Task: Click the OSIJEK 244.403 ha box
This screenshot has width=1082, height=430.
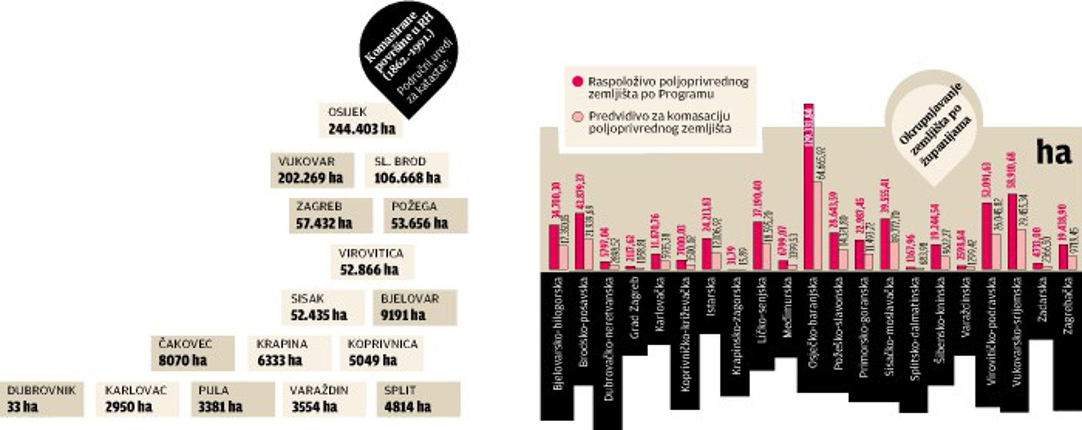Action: coord(361,121)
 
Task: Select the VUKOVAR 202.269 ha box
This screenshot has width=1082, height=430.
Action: coord(312,170)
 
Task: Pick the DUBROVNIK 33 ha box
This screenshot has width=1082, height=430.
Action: coord(41,399)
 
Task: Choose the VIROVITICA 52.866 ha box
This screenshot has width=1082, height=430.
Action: coord(372,262)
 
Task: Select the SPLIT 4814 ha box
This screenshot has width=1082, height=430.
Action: coord(418,399)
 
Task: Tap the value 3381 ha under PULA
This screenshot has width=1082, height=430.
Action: coord(220,407)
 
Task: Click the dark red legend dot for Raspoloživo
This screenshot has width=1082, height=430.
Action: coord(578,82)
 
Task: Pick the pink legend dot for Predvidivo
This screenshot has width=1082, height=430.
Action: coord(578,116)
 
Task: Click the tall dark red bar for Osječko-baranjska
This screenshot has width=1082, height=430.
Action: coord(809,187)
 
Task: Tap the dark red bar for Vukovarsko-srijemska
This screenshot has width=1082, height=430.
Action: coord(1012,232)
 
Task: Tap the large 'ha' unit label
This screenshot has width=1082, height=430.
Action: coord(1053,152)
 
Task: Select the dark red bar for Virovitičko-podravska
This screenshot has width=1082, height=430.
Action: coord(986,236)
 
